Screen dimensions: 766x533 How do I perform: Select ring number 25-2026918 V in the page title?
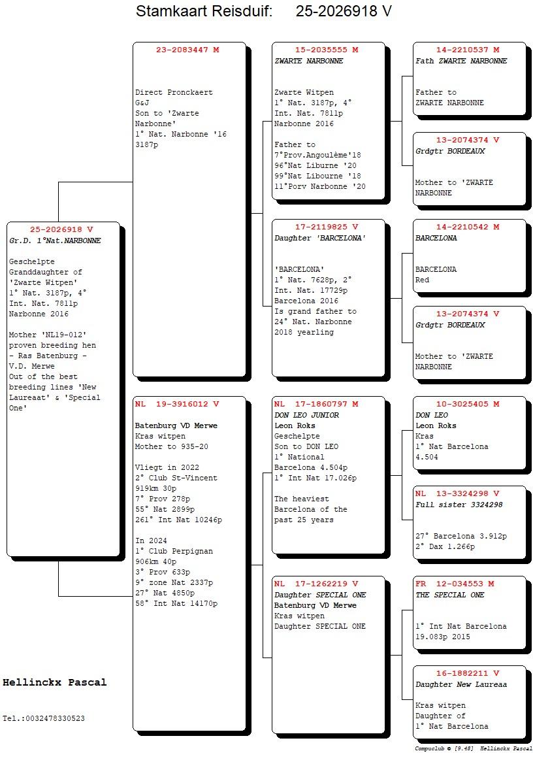click(x=343, y=11)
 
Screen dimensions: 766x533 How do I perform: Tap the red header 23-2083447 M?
click(x=187, y=50)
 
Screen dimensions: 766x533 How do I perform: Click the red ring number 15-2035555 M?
click(x=327, y=50)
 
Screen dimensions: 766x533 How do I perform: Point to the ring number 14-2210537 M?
click(x=468, y=50)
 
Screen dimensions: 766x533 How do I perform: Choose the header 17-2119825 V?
click(x=327, y=227)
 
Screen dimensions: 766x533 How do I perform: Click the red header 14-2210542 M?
click(x=468, y=227)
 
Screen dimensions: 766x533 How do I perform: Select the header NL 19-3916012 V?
click(x=177, y=404)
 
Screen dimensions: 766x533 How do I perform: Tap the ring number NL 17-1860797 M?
click(x=316, y=404)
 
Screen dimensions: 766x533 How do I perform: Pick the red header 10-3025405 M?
click(x=468, y=404)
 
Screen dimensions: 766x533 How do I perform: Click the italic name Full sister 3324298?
click(x=459, y=505)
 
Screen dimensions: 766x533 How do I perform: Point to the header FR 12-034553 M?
click(x=455, y=584)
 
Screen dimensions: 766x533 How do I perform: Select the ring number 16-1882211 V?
click(x=468, y=673)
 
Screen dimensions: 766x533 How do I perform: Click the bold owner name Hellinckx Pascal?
click(x=54, y=682)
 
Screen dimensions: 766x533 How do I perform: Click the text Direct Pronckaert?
click(x=174, y=92)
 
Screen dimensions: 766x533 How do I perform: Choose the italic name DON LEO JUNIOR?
click(x=306, y=415)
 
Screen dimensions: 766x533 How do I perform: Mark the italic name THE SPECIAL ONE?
click(x=449, y=595)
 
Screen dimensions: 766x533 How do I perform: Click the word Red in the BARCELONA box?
click(x=423, y=280)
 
